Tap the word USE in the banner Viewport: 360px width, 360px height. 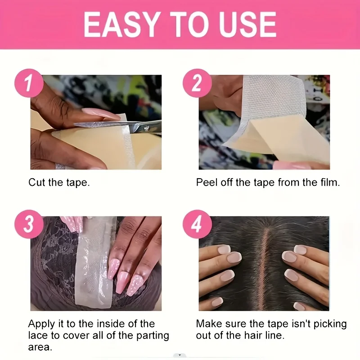[x=247, y=24]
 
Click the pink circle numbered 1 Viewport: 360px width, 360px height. [x=29, y=83]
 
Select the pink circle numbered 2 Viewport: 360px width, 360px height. [x=197, y=83]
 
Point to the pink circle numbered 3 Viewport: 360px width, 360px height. [x=29, y=224]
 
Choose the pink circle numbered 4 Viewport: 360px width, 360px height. [x=197, y=224]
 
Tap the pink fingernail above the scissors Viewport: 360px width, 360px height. [x=101, y=114]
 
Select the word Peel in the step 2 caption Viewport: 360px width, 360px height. [x=207, y=183]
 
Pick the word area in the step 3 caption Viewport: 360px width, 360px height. [x=40, y=347]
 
